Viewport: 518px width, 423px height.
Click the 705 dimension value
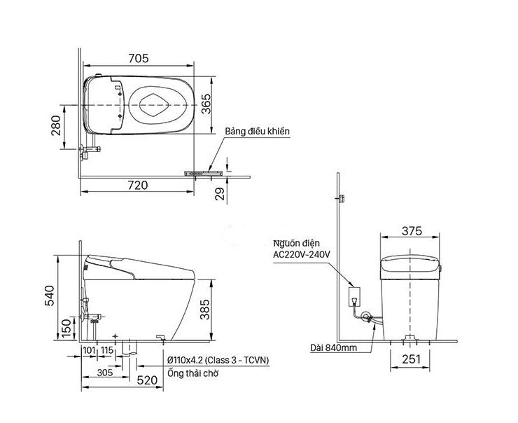point(139,58)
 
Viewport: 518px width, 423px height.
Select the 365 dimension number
point(206,104)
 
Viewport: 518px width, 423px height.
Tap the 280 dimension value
point(56,125)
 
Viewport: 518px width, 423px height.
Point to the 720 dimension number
point(138,185)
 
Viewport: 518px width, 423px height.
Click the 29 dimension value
point(219,194)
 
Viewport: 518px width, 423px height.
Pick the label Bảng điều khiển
point(258,131)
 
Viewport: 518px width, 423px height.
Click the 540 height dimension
point(49,296)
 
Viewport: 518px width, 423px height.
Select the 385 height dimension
point(205,310)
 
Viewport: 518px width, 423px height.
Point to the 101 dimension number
point(89,350)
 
